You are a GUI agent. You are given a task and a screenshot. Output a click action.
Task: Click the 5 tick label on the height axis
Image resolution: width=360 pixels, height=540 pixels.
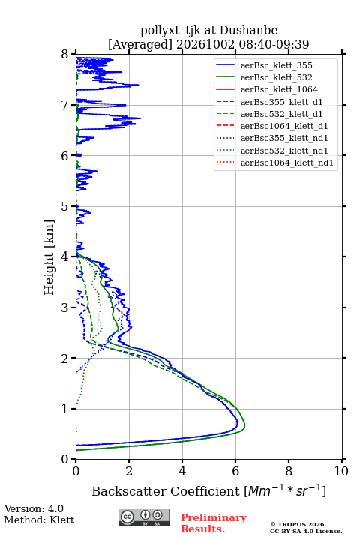(x=65, y=207)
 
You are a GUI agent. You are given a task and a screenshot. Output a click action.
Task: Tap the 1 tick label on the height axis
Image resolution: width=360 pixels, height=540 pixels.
(x=65, y=409)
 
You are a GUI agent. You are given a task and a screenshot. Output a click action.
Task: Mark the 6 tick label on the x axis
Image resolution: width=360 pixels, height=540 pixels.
(x=235, y=471)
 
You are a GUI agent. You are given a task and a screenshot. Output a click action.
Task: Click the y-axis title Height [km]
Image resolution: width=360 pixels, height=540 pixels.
(x=49, y=257)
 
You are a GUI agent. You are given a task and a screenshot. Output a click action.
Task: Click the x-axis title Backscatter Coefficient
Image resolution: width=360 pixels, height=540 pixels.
(x=165, y=491)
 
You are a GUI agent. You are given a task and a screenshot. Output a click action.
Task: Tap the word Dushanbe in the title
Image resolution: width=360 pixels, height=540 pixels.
(x=248, y=31)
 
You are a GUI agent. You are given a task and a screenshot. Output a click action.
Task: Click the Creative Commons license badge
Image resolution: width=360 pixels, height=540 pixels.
(x=144, y=517)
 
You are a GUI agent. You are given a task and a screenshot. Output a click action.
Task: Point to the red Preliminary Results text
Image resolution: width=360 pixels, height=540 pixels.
(x=214, y=523)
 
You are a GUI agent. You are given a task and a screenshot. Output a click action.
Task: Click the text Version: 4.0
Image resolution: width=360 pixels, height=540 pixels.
(x=34, y=508)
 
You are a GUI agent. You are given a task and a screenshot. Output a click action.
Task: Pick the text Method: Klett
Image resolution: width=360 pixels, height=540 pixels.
(x=39, y=520)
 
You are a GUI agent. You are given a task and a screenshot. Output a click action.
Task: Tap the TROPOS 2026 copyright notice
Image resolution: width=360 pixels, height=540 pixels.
(x=298, y=524)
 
